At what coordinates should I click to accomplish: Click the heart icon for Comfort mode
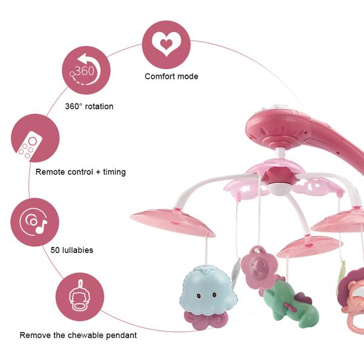click(166, 44)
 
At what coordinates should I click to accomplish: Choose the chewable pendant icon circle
click(79, 297)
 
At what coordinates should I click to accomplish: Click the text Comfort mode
click(171, 76)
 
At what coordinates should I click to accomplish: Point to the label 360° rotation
click(89, 106)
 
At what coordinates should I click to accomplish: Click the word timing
click(114, 172)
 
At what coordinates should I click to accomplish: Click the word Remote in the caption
click(50, 172)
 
